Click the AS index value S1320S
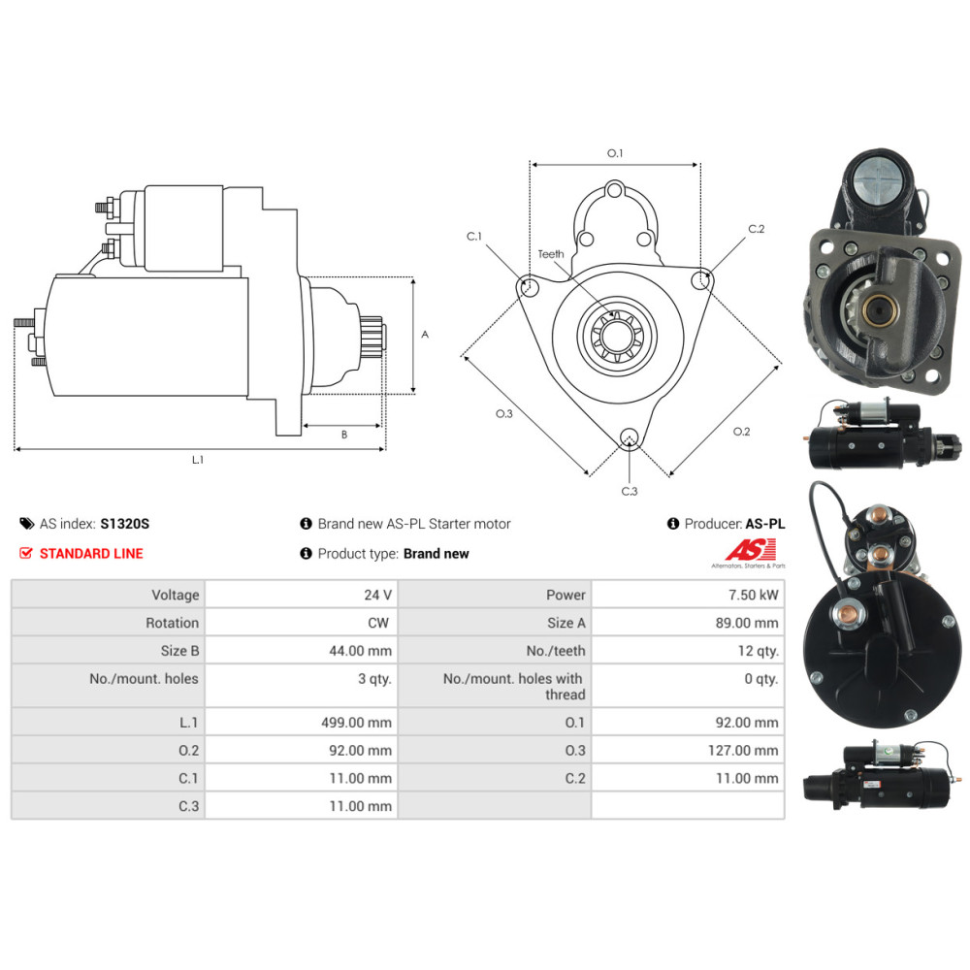tap(124, 524)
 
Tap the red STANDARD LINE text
tap(91, 554)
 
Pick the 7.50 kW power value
tap(753, 596)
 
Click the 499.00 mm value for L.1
tap(356, 723)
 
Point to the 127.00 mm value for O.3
tap(743, 751)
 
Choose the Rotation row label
tap(172, 623)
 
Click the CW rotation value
tap(378, 623)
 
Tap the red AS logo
tap(751, 550)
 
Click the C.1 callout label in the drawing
tap(474, 237)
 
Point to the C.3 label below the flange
tap(630, 491)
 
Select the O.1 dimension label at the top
tap(615, 153)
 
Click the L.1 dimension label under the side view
tap(197, 460)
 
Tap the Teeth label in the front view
tap(551, 254)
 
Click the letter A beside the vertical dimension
tap(425, 335)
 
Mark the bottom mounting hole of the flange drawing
tap(630, 436)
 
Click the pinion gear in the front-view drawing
tap(615, 337)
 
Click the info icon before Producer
tap(673, 524)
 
